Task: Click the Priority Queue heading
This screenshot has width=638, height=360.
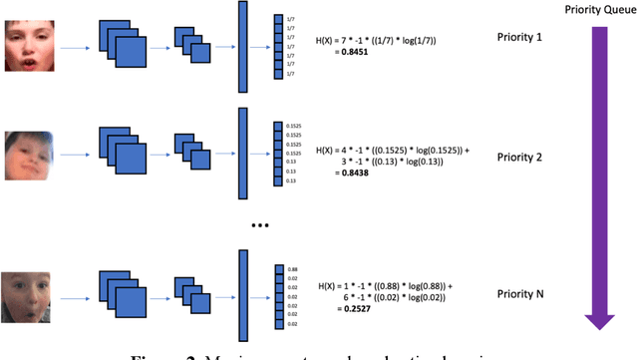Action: point(596,10)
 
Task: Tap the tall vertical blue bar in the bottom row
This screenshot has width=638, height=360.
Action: point(242,294)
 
